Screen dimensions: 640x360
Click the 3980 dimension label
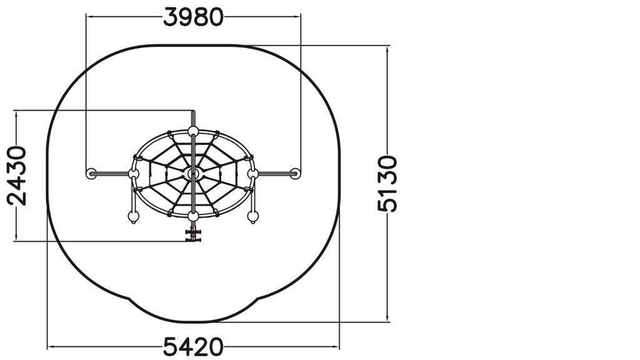click(193, 17)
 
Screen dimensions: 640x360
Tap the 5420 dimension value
click(193, 347)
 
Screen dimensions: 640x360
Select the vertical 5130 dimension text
click(387, 184)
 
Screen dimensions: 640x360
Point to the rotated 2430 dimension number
click(17, 176)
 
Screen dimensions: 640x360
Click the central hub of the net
click(193, 174)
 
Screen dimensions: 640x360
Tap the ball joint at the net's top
click(193, 131)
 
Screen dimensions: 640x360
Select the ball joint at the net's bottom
click(193, 216)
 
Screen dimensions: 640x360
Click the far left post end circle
click(91, 174)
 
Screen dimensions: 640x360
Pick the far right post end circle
click(296, 174)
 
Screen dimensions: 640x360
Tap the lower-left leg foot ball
click(134, 217)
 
